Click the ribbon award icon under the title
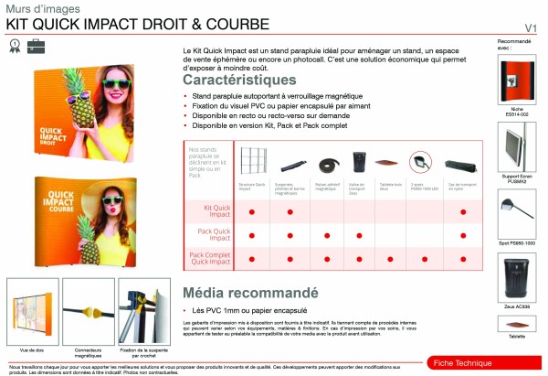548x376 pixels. (14, 43)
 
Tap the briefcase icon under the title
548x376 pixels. (35, 43)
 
